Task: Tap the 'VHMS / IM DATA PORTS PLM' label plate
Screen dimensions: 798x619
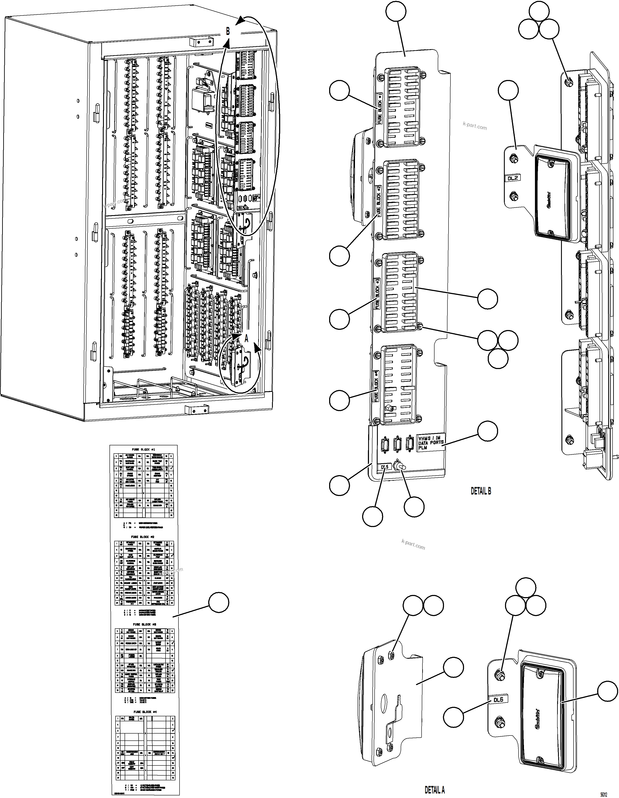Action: tap(430, 443)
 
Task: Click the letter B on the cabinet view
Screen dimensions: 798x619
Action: tap(228, 31)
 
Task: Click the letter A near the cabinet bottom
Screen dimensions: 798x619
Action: tap(246, 339)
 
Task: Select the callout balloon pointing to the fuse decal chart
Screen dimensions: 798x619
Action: tap(219, 602)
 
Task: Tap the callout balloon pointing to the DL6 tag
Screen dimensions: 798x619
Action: tap(454, 717)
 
